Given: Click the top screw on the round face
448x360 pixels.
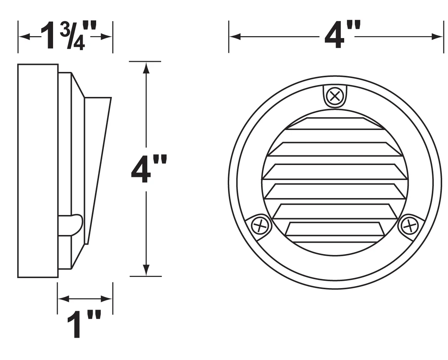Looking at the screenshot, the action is coord(335,96).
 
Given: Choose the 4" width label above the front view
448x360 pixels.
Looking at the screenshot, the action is coord(342,35).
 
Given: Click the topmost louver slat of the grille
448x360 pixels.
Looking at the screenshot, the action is coord(335,123).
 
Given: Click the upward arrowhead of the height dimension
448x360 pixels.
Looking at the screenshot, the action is coord(146,68).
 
